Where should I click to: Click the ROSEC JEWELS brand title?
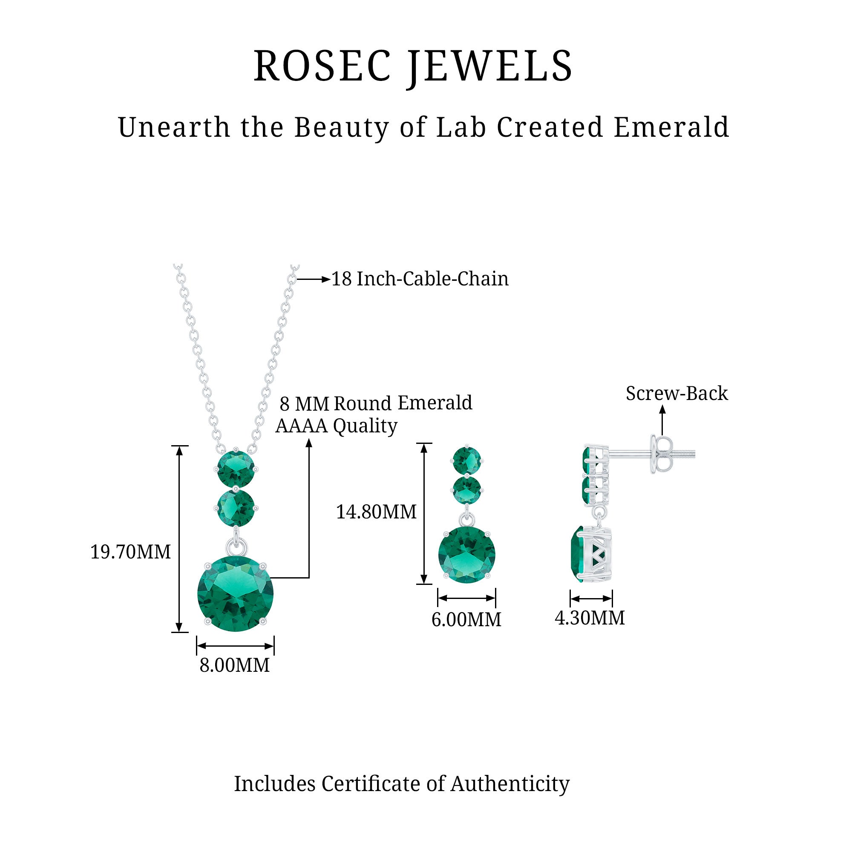(x=413, y=66)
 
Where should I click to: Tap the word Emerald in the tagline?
(x=671, y=128)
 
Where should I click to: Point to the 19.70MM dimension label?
(x=130, y=552)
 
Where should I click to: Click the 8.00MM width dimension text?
(x=234, y=665)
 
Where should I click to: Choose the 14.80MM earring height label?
(x=376, y=512)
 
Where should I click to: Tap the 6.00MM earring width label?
(x=466, y=619)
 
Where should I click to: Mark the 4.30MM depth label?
(x=590, y=618)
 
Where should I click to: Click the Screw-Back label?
(x=676, y=393)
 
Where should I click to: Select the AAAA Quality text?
(x=337, y=426)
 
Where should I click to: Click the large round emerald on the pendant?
(x=236, y=593)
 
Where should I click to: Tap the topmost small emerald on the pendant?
(x=236, y=469)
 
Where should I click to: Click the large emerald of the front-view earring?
(x=466, y=554)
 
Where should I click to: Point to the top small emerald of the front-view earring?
(x=466, y=461)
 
